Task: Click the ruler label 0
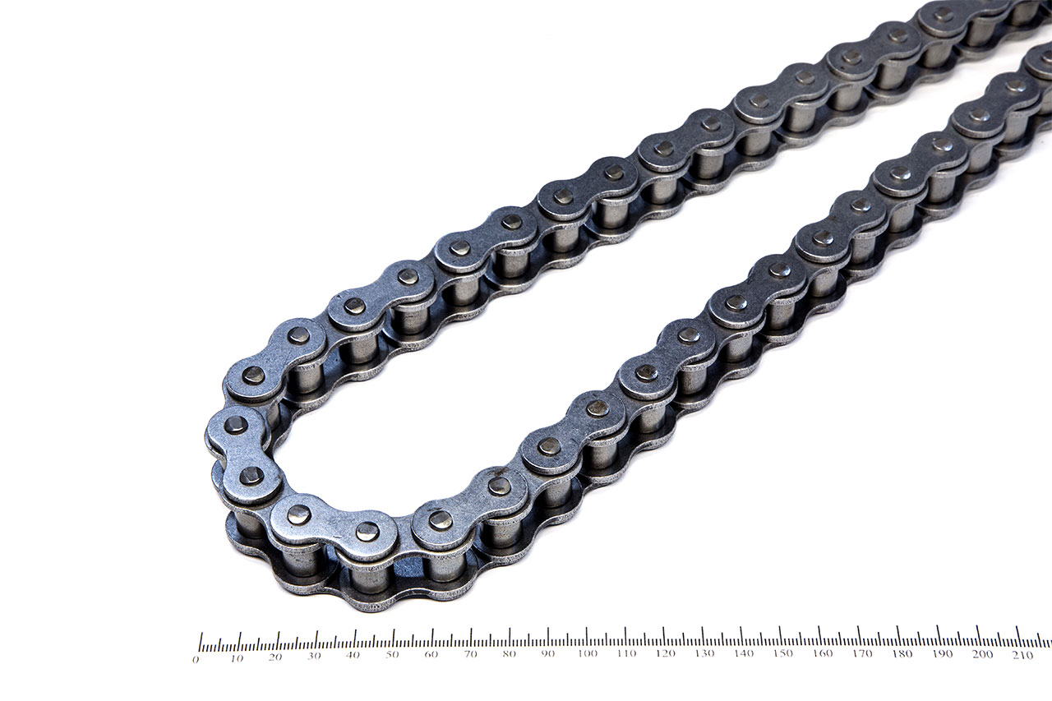coord(196,660)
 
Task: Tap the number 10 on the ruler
coord(237,659)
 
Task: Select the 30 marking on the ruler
coord(314,657)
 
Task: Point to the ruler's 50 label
coord(392,656)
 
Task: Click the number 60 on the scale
coord(431,655)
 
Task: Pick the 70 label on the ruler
coord(470,654)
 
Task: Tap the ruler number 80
coord(509,654)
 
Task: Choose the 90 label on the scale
coord(548,653)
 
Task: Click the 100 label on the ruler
coord(588,653)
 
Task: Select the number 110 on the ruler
coord(626,653)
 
